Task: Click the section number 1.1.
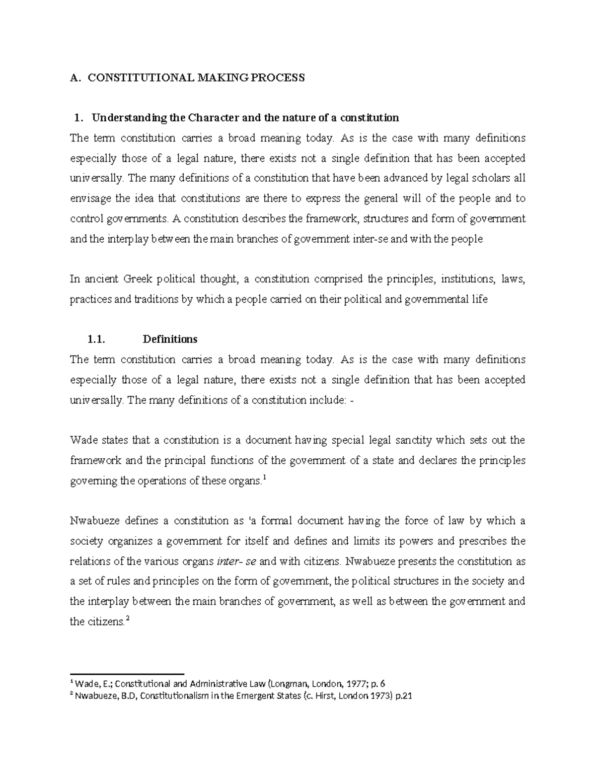[x=96, y=340]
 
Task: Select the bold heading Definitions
[x=170, y=340]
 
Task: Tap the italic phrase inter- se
[x=237, y=561]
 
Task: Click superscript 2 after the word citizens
[x=128, y=619]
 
